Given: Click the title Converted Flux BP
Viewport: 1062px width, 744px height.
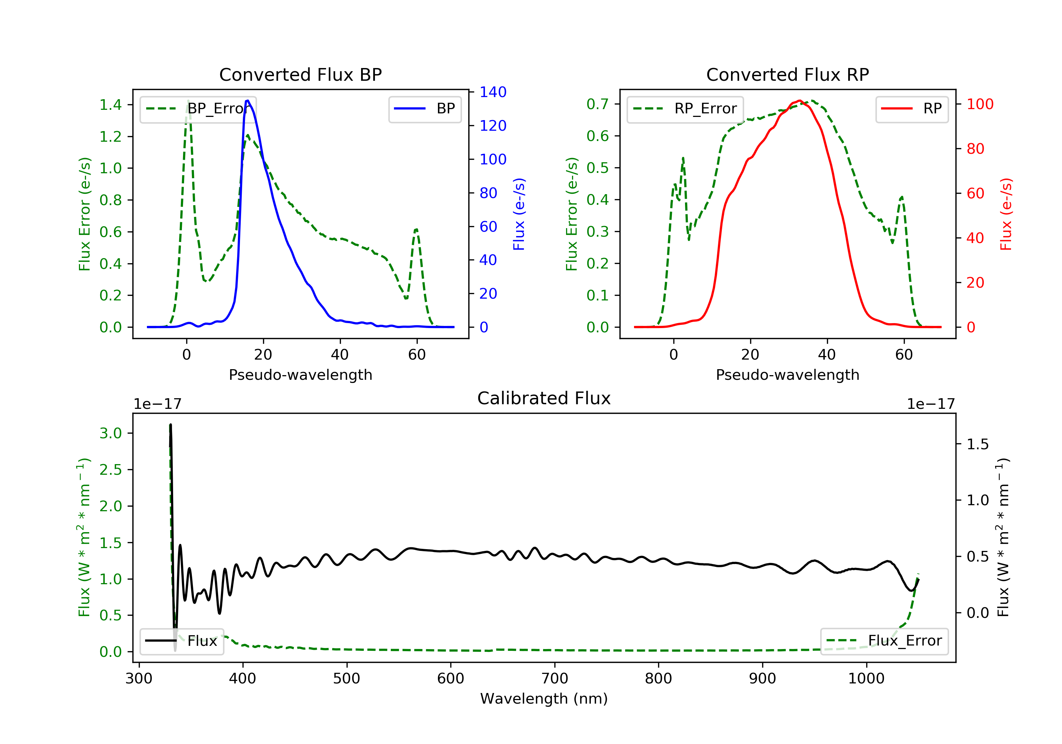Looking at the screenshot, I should click(300, 74).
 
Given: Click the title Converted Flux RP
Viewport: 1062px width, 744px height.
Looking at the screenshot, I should click(787, 74).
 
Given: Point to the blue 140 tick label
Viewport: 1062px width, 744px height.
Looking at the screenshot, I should click(493, 92).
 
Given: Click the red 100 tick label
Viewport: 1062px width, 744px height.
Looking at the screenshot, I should click(980, 104).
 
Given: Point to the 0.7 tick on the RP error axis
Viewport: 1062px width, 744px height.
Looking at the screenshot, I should click(598, 104).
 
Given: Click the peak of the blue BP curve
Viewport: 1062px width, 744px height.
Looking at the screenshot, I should click(247, 101).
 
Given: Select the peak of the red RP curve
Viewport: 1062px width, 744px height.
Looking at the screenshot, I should click(799, 101).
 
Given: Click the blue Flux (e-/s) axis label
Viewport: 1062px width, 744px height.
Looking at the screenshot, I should click(519, 214).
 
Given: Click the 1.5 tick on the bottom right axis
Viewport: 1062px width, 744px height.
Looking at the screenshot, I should click(977, 445).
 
